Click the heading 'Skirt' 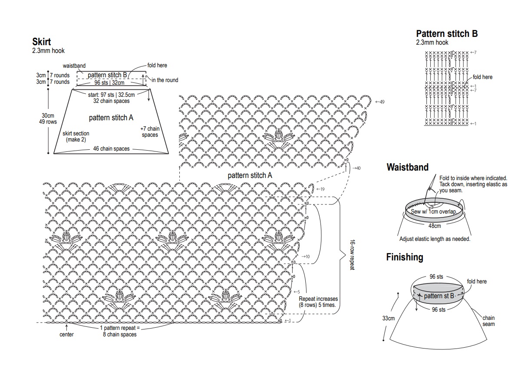click(42, 42)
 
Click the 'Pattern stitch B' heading click(447, 34)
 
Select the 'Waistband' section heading click(407, 167)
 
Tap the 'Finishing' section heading click(404, 257)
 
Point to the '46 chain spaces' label click(111, 149)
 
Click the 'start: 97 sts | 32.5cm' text click(111, 95)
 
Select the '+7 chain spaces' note click(150, 132)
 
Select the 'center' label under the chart click(66, 334)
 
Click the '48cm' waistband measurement click(434, 226)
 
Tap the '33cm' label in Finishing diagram click(388, 318)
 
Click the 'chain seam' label click(488, 321)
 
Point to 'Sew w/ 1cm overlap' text click(434, 212)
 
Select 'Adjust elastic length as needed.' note click(435, 239)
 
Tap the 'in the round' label click(165, 80)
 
